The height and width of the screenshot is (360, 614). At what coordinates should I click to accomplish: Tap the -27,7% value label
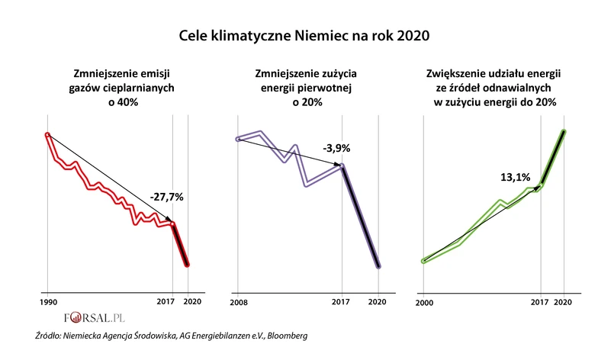pos(168,197)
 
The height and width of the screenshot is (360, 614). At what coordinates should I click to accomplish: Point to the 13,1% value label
pos(515,177)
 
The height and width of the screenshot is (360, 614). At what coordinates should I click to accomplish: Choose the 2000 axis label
pos(424,302)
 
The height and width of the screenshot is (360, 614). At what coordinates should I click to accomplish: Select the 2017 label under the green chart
pos(540,302)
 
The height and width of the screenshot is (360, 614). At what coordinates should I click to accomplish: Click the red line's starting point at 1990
pos(47,136)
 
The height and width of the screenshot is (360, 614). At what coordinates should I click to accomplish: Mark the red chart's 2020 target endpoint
pos(188,264)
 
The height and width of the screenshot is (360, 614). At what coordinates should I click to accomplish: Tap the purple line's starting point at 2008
pos(238,139)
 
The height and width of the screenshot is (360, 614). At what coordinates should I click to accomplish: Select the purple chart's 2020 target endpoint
pos(379,266)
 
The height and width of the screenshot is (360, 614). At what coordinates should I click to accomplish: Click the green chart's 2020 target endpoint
pos(564,132)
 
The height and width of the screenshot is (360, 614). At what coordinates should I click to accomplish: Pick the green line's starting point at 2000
pos(424,261)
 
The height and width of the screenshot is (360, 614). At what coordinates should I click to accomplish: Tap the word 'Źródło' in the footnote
pos(51,336)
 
